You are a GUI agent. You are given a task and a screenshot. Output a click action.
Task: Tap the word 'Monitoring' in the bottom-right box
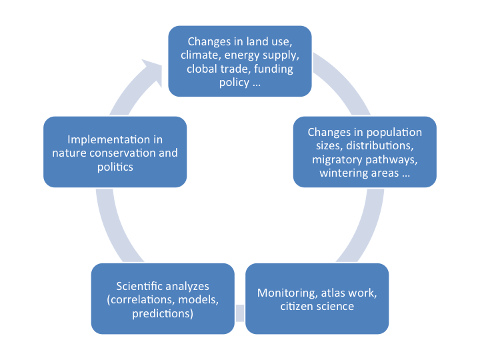(284, 293)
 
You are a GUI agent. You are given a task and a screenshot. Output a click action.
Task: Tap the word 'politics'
(115, 167)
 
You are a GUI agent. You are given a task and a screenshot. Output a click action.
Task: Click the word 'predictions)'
(163, 313)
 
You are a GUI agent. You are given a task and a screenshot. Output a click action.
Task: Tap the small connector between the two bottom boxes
(240, 313)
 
